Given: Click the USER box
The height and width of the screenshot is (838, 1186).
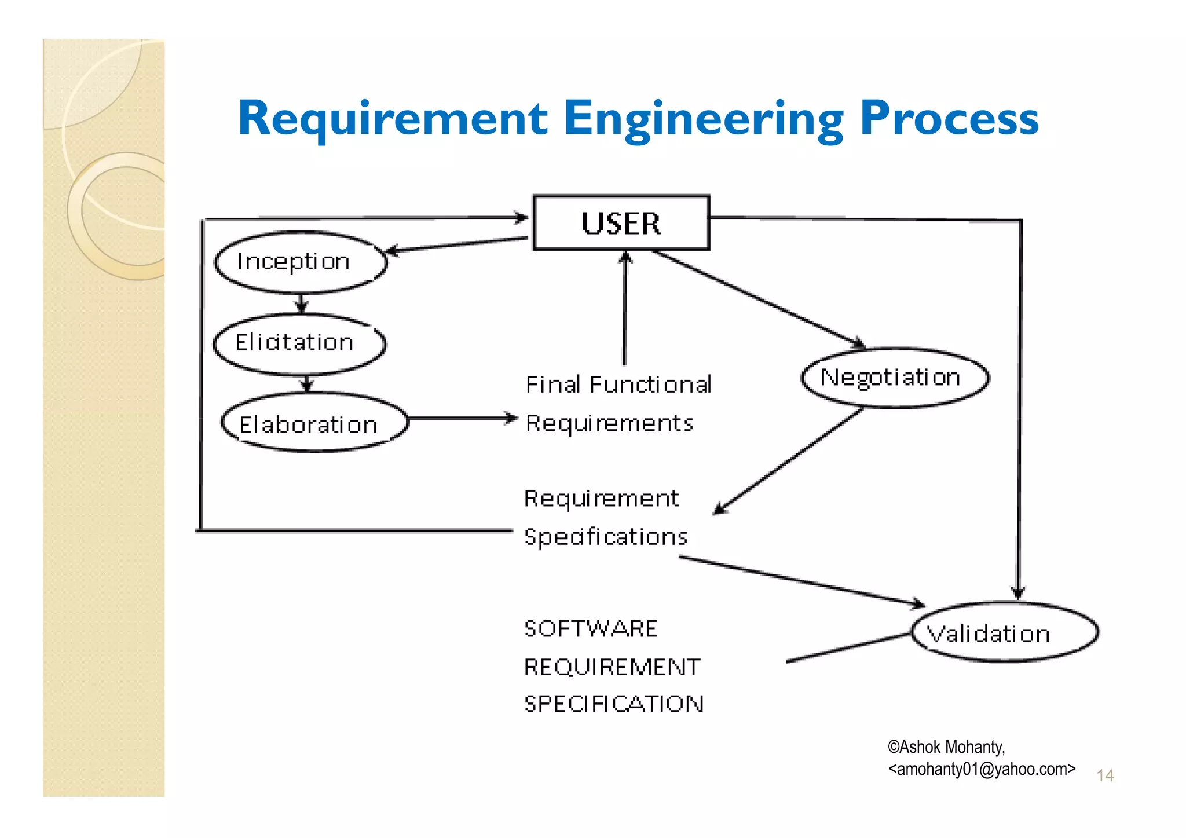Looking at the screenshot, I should (x=621, y=223).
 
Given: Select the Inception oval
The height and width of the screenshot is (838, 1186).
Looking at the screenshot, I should (x=300, y=262).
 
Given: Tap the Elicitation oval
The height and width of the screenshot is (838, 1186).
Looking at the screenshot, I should (x=299, y=343).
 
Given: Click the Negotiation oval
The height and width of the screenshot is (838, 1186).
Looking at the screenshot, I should (x=895, y=378).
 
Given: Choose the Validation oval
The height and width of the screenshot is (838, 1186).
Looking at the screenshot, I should (x=1004, y=633).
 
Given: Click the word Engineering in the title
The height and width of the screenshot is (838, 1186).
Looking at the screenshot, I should (x=703, y=119).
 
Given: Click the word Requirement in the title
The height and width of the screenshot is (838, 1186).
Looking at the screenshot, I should (x=393, y=119).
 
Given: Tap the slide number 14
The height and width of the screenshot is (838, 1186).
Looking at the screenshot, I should (x=1105, y=775).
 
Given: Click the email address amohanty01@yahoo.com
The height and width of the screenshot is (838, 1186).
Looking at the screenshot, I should (x=982, y=769).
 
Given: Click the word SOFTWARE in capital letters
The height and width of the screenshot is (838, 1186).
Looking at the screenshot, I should (x=591, y=629).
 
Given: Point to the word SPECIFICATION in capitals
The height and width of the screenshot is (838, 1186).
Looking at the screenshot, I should (x=614, y=704).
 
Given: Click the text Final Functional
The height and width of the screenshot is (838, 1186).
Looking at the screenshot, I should (x=618, y=385).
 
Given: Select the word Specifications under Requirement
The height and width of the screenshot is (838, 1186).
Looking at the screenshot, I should (x=606, y=537).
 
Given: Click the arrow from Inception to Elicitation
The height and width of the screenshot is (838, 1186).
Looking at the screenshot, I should (x=301, y=303).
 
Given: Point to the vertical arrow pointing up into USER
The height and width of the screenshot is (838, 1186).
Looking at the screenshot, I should (x=625, y=307).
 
